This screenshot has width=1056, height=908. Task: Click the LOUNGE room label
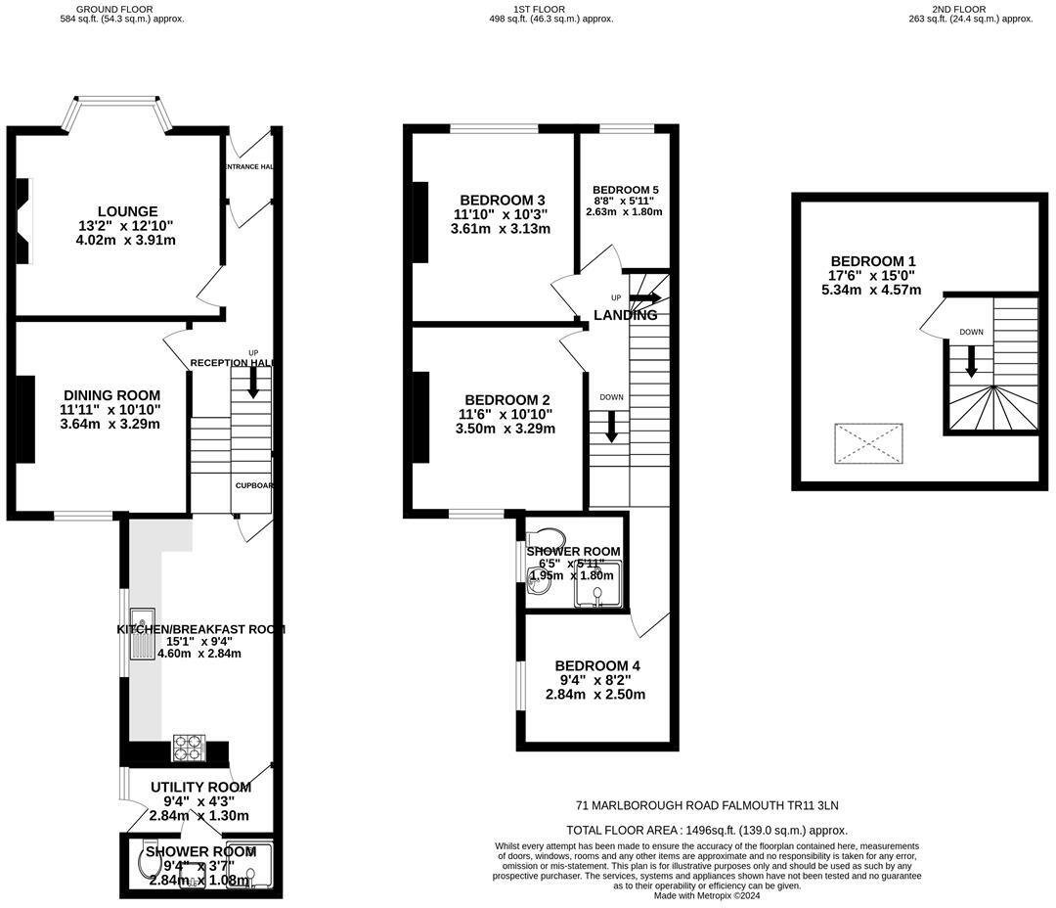pos(127,211)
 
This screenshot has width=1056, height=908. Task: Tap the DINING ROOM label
pos(110,395)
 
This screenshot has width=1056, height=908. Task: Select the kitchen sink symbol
pos(143,633)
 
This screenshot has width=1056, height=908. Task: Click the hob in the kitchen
pos(190,749)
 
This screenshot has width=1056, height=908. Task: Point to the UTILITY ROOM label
pos(200,787)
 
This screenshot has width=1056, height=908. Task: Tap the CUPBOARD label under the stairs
pos(253,485)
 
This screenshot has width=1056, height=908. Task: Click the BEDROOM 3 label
pos(500,201)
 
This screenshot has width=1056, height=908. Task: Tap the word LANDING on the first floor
pos(625,315)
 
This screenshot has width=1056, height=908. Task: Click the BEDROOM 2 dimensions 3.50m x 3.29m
pos(506,429)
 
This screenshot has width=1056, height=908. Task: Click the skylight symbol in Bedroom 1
pos(868,444)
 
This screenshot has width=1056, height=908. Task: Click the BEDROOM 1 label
pos(872,261)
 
